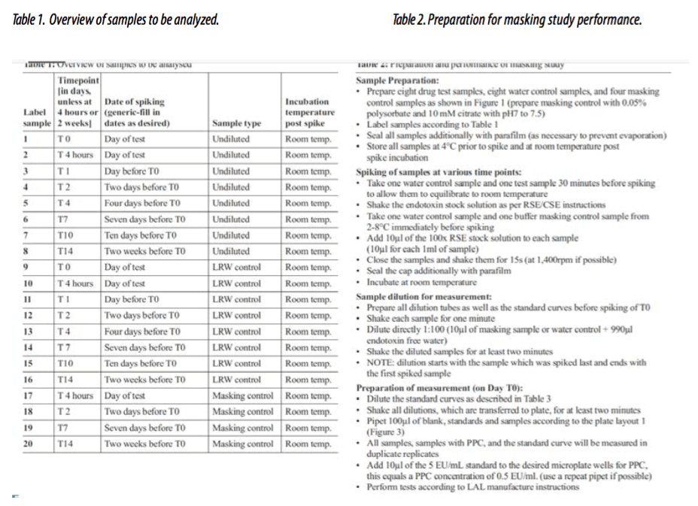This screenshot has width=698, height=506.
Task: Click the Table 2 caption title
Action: click(517, 20)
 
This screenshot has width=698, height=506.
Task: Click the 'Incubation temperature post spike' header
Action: click(308, 112)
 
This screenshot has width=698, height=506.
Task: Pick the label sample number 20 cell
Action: click(27, 444)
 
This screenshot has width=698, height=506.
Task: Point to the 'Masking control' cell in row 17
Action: click(242, 395)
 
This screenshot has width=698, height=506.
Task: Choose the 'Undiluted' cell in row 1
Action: click(231, 139)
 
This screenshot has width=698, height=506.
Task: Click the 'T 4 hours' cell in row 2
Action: click(76, 155)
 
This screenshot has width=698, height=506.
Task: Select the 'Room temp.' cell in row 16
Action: click(308, 380)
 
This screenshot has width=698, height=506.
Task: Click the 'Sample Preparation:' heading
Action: click(396, 80)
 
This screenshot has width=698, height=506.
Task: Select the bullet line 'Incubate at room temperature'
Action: click(421, 282)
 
